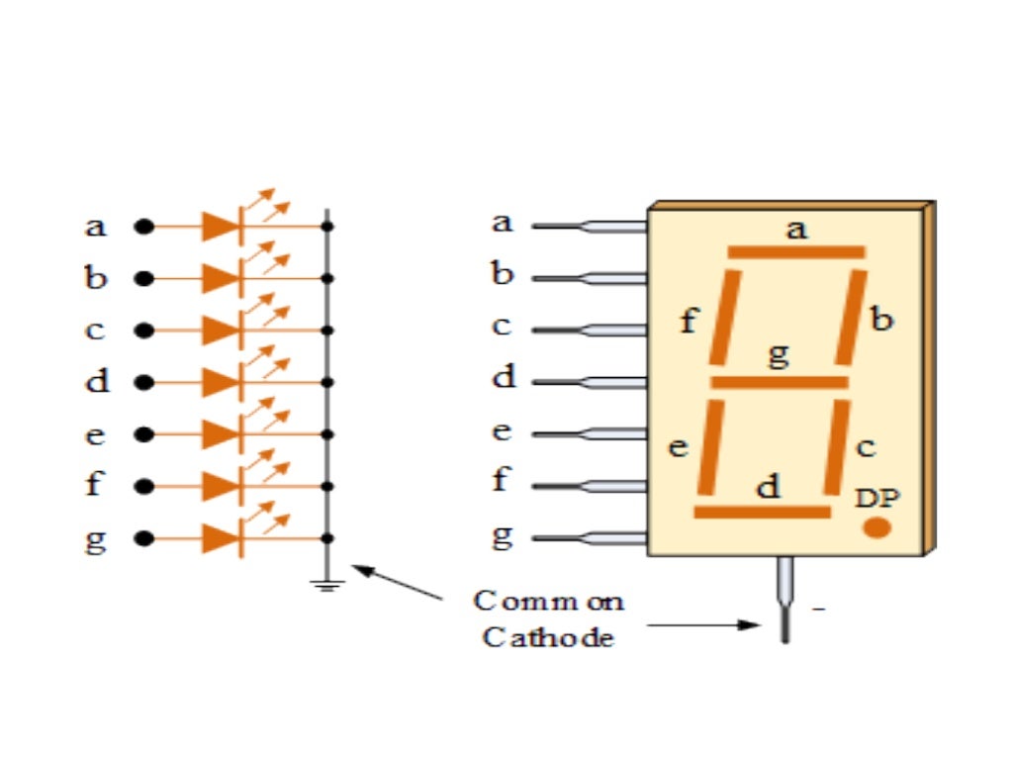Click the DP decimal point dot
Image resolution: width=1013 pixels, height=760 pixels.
point(876,527)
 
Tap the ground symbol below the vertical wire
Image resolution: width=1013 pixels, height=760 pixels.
point(329,584)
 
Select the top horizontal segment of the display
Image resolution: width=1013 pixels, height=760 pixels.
point(796,252)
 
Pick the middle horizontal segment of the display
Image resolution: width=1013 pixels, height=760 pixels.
point(780,382)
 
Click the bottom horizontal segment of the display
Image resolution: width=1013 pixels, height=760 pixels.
point(762,512)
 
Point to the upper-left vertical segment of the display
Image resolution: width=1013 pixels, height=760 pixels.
point(724,317)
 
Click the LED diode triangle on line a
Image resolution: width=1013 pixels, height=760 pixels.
point(221,227)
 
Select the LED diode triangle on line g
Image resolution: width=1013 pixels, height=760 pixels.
point(221,538)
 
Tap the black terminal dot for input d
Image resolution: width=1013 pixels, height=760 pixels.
point(144,382)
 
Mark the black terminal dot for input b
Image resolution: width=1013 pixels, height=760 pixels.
point(144,279)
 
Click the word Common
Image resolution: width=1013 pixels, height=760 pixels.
point(548,601)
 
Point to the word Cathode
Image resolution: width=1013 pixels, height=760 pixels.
point(548,636)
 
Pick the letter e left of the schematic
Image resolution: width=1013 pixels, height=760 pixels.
point(95,434)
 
